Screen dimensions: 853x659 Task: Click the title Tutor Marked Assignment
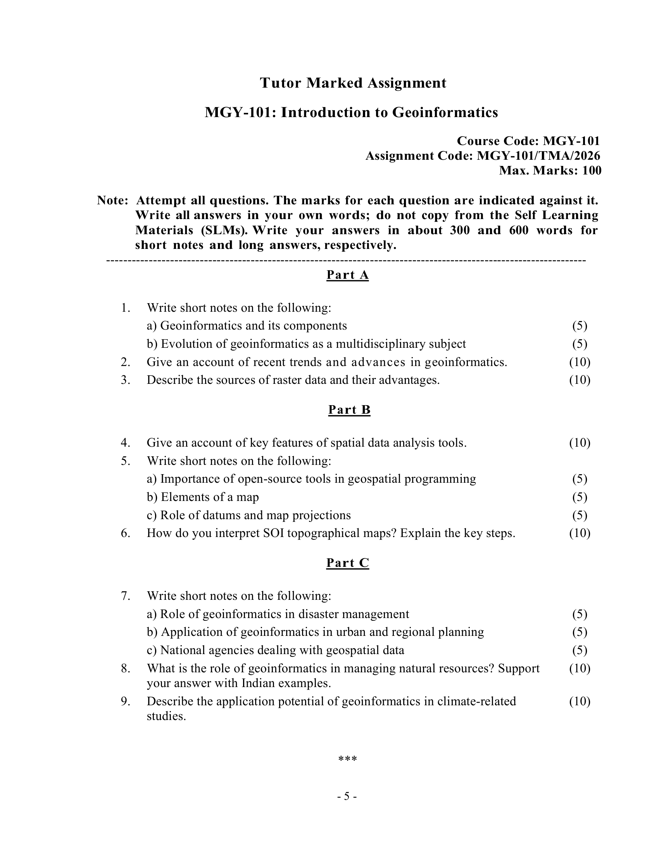pyautogui.click(x=353, y=83)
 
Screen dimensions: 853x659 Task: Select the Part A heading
pyautogui.click(x=347, y=275)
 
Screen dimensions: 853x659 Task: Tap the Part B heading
pyautogui.click(x=349, y=409)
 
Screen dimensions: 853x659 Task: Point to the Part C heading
pyautogui.click(x=347, y=563)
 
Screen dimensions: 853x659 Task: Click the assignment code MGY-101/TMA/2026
pyautogui.click(x=538, y=156)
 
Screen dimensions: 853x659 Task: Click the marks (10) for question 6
pyautogui.click(x=580, y=533)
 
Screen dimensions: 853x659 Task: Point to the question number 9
pyautogui.click(x=125, y=701)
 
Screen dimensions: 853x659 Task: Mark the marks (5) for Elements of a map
pyautogui.click(x=580, y=497)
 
